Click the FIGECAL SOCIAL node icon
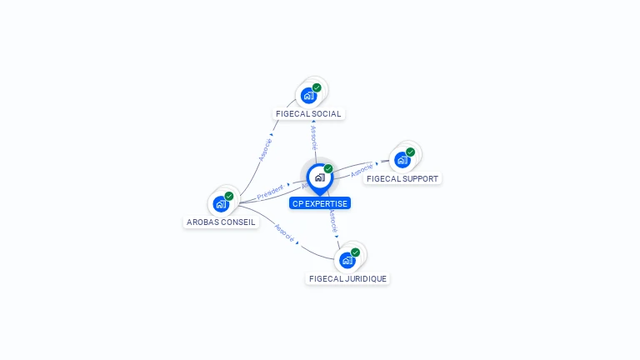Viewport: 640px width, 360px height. point(309,95)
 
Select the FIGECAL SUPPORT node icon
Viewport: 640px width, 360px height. point(403,159)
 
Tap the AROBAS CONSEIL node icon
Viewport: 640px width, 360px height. point(221,203)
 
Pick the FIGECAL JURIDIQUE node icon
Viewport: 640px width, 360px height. point(347,259)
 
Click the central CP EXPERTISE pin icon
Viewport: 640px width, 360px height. point(319,177)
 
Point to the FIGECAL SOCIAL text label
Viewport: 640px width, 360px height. point(308,113)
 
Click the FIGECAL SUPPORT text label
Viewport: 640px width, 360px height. point(402,178)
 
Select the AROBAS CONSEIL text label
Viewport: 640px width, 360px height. point(221,222)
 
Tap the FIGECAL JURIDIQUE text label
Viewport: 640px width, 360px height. point(347,278)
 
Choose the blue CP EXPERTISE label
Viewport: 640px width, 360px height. point(320,203)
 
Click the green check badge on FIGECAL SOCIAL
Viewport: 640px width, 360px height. point(317,87)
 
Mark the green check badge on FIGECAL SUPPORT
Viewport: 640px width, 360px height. point(411,152)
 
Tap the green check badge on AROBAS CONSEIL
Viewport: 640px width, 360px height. point(229,196)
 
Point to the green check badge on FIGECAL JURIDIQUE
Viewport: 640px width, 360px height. point(356,252)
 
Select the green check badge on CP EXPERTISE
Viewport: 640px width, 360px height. point(328,168)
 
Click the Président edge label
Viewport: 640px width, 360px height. point(270,193)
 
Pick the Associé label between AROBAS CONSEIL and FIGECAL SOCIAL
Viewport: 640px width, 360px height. point(265,149)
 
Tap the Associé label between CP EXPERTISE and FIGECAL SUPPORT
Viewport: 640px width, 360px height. point(362,170)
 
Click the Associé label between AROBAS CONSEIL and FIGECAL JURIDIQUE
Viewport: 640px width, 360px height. point(284,234)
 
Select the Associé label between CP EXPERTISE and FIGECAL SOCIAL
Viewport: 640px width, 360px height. point(314,137)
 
